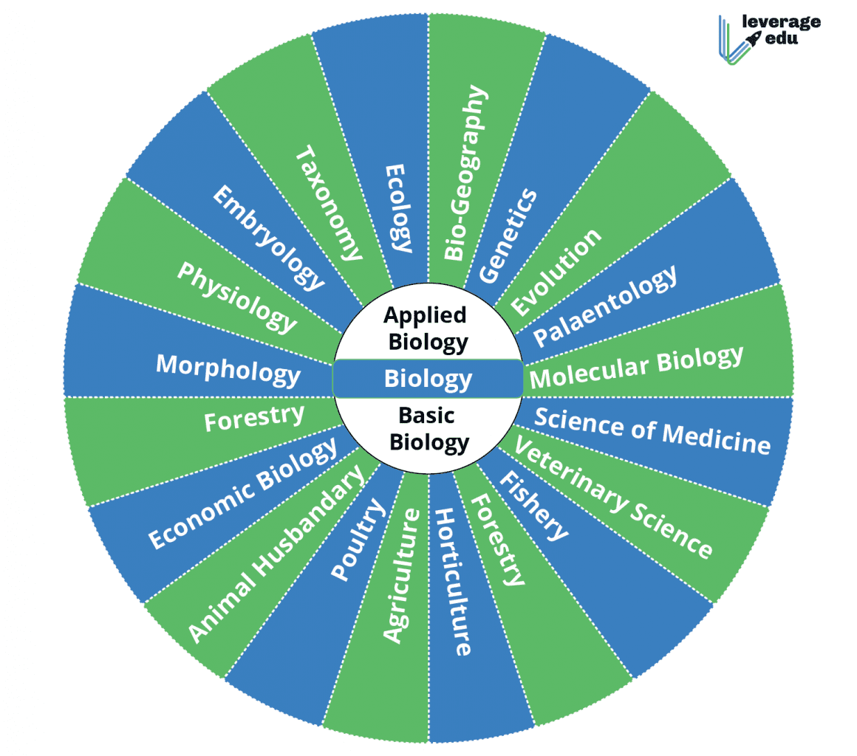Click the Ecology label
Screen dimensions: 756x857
pyautogui.click(x=398, y=209)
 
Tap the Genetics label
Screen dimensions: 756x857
pyautogui.click(x=508, y=236)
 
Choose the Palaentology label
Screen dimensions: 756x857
pyautogui.click(x=605, y=306)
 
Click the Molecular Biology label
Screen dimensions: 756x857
pyautogui.click(x=636, y=366)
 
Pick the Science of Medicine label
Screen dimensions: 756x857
pyautogui.click(x=652, y=430)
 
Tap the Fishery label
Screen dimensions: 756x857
pyautogui.click(x=534, y=505)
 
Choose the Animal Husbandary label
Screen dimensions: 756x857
pyautogui.click(x=276, y=554)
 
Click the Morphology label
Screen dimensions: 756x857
pyautogui.click(x=228, y=369)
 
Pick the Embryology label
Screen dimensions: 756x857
pyautogui.click(x=268, y=236)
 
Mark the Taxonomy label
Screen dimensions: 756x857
pyautogui.click(x=330, y=203)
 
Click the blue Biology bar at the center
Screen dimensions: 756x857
pyautogui.click(x=428, y=379)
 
